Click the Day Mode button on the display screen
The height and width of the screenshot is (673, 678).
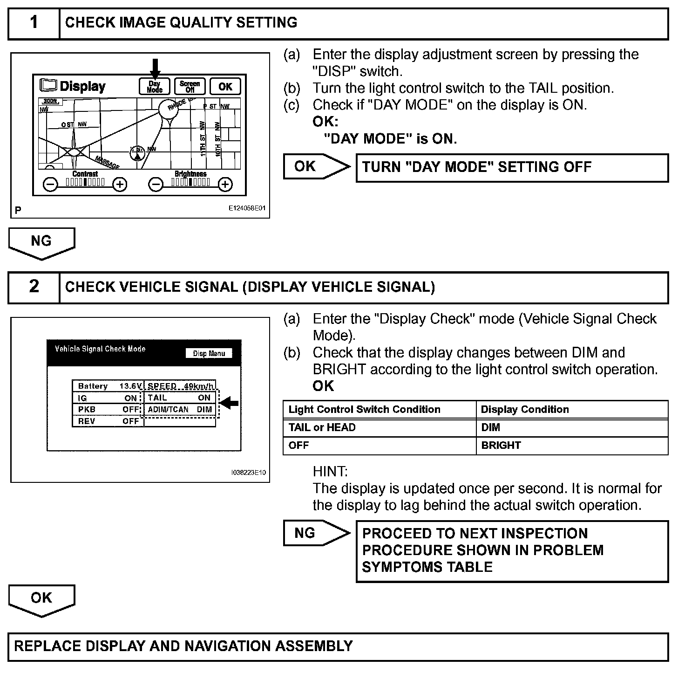click(155, 87)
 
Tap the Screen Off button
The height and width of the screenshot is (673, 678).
click(190, 87)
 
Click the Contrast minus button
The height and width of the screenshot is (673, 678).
click(50, 185)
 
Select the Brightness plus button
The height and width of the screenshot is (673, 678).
click(225, 185)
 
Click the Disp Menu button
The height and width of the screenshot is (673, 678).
click(209, 353)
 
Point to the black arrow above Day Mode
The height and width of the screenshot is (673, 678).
click(155, 67)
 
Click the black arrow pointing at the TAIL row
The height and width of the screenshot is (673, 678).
click(230, 403)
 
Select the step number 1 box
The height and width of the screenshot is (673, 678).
click(34, 23)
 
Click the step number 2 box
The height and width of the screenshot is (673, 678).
click(34, 287)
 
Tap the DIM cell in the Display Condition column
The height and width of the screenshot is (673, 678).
click(491, 427)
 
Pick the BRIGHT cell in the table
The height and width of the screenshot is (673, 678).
click(501, 445)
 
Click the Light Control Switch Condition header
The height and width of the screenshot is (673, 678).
click(364, 409)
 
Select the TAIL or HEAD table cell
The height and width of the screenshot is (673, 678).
click(322, 427)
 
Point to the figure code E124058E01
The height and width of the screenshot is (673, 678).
click(246, 208)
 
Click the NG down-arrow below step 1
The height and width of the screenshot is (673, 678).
click(41, 243)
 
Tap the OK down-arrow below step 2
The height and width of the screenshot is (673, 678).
click(41, 600)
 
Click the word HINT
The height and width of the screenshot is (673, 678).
click(330, 471)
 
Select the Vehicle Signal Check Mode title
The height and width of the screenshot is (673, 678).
click(100, 349)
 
